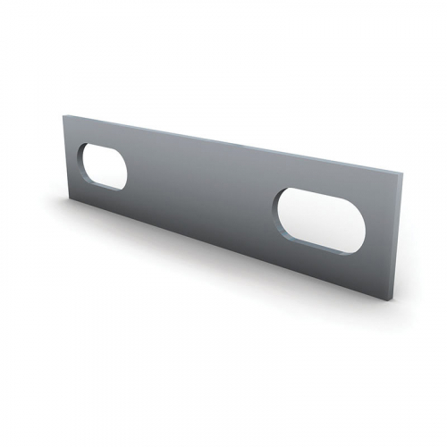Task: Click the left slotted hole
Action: pos(104,166)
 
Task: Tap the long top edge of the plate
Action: pos(223,140)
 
